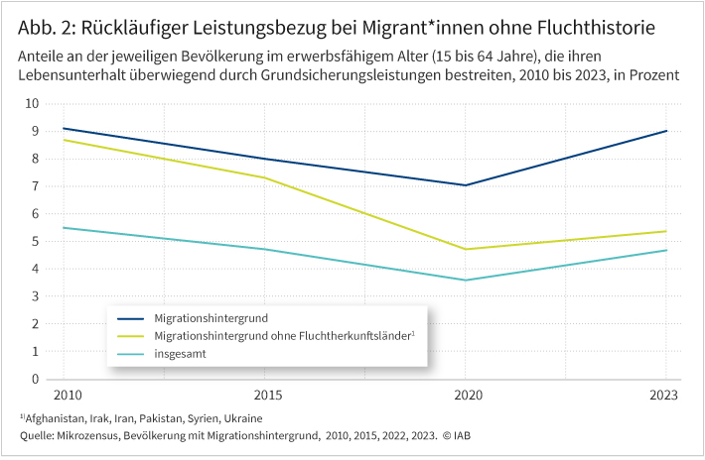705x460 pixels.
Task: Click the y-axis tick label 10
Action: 32,103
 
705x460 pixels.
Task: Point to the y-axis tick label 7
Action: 35,185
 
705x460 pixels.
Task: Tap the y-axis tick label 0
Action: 35,379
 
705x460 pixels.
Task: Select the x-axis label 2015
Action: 264,395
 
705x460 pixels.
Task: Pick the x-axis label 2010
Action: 65,395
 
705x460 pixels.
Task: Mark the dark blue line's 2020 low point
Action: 465,185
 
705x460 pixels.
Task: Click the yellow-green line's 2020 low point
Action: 465,249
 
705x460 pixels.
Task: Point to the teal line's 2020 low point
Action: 465,280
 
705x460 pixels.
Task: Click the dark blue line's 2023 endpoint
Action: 666,131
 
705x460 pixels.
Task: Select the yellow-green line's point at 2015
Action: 264,177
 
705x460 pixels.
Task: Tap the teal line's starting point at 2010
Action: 64,228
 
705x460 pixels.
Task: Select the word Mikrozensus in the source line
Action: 98,436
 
